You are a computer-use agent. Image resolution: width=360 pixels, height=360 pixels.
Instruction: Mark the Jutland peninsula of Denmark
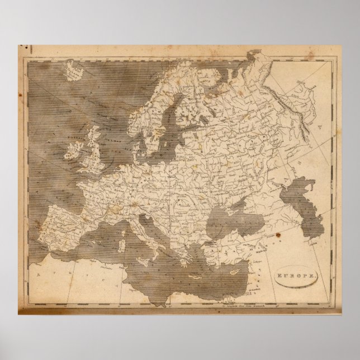pos(135,137)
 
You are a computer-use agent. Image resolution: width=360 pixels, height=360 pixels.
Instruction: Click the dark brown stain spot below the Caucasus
pos(278,238)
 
